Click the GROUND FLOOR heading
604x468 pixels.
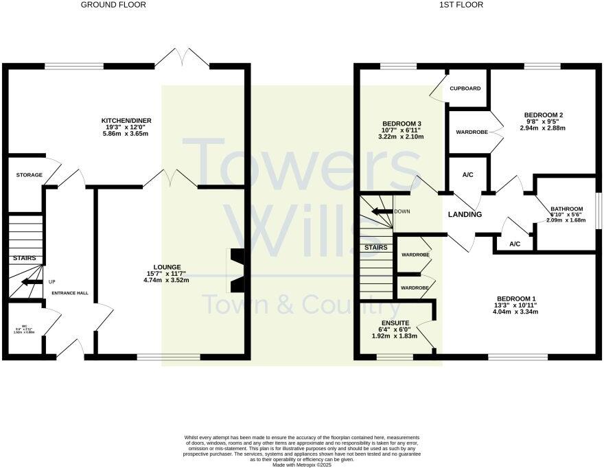[113, 5]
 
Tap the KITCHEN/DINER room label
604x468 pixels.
[126, 121]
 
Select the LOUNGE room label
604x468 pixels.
[167, 267]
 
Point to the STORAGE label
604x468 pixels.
[30, 175]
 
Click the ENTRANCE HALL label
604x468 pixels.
[71, 293]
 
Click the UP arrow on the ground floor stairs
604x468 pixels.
[32, 281]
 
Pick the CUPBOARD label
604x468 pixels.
[465, 89]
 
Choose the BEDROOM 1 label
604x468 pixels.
[516, 299]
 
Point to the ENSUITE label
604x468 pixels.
[395, 323]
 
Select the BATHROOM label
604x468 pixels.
[566, 209]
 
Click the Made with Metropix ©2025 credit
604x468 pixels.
[302, 465]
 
